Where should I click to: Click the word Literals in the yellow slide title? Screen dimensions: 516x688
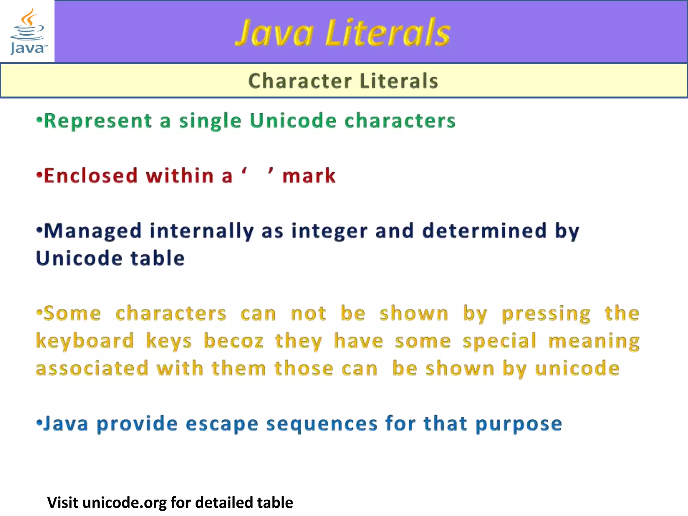click(x=388, y=33)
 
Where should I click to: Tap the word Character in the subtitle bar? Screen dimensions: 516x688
click(x=300, y=81)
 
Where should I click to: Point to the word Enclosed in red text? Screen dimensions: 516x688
click(x=91, y=176)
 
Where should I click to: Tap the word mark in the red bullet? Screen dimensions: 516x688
click(x=309, y=176)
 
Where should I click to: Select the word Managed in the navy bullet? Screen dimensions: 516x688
click(x=93, y=231)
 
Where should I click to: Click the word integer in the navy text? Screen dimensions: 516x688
click(x=329, y=231)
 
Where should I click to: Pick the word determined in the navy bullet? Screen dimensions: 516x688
click(x=484, y=231)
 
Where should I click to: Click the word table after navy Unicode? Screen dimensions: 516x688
click(x=158, y=258)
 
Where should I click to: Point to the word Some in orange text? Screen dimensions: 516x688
click(x=72, y=314)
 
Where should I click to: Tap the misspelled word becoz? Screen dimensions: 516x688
click(x=233, y=341)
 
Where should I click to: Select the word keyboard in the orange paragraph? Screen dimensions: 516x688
click(x=85, y=341)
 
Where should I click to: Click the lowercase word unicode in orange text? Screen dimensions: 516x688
click(x=577, y=369)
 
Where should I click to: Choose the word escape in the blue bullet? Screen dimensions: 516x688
click(x=222, y=424)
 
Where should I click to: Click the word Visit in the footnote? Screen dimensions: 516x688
click(x=63, y=503)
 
